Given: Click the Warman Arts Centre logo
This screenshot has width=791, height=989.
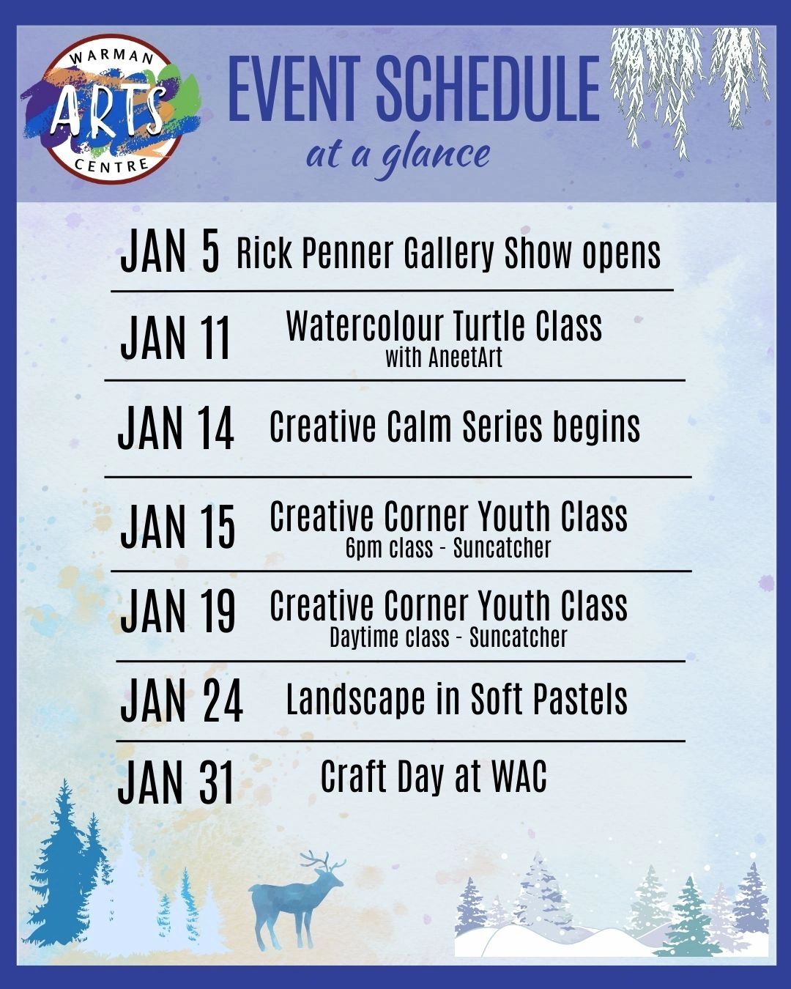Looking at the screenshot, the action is click(x=111, y=108).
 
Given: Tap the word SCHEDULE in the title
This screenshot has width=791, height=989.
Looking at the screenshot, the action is click(x=488, y=88).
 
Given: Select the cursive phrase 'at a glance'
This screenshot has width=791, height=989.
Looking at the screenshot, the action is click(x=398, y=155).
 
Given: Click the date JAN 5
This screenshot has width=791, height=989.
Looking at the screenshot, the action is click(x=170, y=251).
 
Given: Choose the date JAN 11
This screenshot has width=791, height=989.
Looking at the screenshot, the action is click(x=174, y=338).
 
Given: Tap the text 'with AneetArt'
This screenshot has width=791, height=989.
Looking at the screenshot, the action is click(x=444, y=358).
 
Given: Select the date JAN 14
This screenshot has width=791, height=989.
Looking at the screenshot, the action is click(x=176, y=427).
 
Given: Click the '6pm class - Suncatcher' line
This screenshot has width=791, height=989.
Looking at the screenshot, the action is click(x=448, y=547).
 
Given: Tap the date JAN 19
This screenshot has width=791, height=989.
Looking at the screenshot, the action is click(x=177, y=611).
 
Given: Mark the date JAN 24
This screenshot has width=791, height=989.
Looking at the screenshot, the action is click(x=181, y=700).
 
